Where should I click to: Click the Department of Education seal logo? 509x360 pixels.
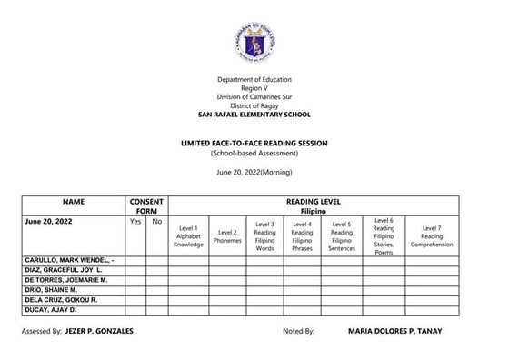(x=254, y=41)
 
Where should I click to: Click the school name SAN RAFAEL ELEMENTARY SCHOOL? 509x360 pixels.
(x=254, y=115)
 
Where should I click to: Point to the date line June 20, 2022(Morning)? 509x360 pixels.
(x=254, y=173)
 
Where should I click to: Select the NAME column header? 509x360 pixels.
(x=74, y=200)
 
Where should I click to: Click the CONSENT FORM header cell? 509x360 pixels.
(x=146, y=205)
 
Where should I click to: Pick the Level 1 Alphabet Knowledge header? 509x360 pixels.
(x=189, y=235)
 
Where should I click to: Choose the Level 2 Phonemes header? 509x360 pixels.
(x=227, y=235)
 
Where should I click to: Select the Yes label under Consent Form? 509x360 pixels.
(x=135, y=221)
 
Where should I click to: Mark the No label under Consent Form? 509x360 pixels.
(x=156, y=221)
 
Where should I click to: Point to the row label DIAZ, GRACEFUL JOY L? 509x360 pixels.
(x=65, y=271)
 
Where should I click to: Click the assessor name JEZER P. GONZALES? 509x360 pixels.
(x=99, y=331)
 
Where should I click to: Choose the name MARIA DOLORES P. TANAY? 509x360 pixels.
(x=394, y=331)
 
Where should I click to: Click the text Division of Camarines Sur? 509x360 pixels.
(x=254, y=96)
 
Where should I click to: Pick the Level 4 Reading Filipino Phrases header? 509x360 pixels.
(x=304, y=235)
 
